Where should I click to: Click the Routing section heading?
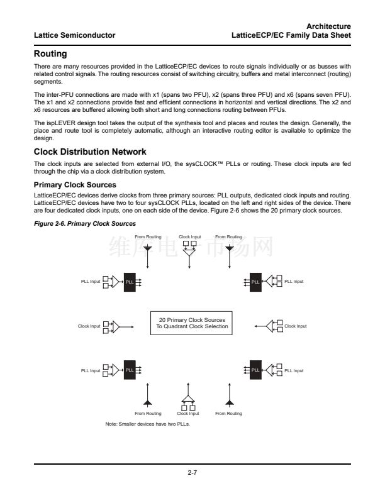click(x=50, y=55)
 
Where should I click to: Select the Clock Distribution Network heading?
click(x=90, y=152)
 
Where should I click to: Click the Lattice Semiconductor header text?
click(x=74, y=35)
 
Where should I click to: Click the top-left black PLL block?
click(x=130, y=281)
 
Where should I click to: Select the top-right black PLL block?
click(x=255, y=281)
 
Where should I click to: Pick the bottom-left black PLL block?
click(x=130, y=370)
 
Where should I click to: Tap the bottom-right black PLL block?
click(x=255, y=370)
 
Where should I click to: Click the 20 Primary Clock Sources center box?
click(x=192, y=323)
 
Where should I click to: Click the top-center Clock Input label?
click(x=189, y=237)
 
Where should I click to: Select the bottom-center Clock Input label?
click(x=187, y=414)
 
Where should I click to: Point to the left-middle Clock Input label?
click(x=89, y=326)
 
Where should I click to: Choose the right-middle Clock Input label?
click(x=296, y=326)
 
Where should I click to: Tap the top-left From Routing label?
click(x=148, y=237)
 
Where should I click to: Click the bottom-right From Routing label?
click(x=228, y=414)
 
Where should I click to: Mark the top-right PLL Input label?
click(x=294, y=282)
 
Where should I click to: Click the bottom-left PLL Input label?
click(x=91, y=371)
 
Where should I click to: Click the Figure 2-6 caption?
click(x=84, y=224)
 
